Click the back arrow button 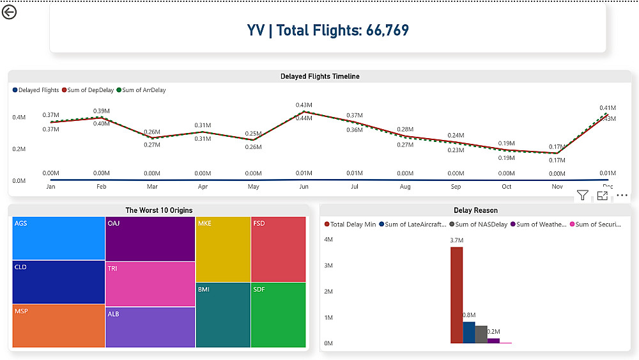point(9,12)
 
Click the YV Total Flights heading point(328,30)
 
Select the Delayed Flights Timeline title point(319,77)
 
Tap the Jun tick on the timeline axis point(304,187)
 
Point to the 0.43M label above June point(304,105)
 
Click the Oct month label point(506,187)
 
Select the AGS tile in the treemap point(58,238)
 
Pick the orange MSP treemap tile point(58,326)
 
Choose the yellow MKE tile point(223,249)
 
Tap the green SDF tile point(279,315)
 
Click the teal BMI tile point(223,315)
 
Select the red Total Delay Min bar point(456,295)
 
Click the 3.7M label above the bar point(456,240)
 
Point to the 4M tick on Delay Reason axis point(328,240)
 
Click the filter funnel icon point(582,196)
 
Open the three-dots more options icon point(622,196)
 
